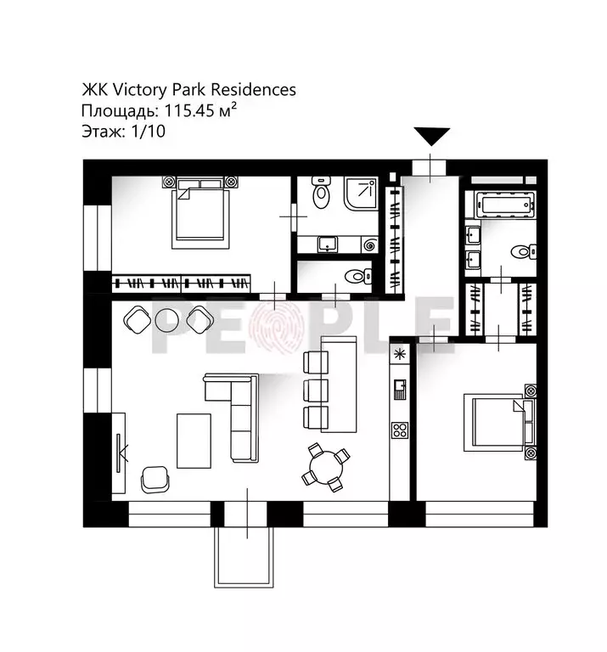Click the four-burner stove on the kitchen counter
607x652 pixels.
pyautogui.click(x=399, y=430)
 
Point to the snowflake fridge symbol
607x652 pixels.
pyautogui.click(x=399, y=351)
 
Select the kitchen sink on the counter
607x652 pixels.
pyautogui.click(x=399, y=389)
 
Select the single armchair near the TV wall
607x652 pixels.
pyautogui.click(x=155, y=478)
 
